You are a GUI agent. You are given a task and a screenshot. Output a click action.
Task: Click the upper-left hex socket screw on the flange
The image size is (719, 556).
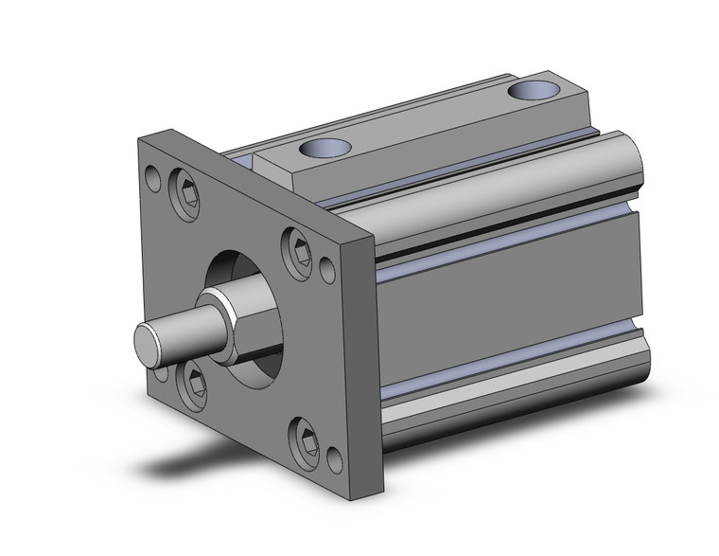pyautogui.click(x=186, y=198)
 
